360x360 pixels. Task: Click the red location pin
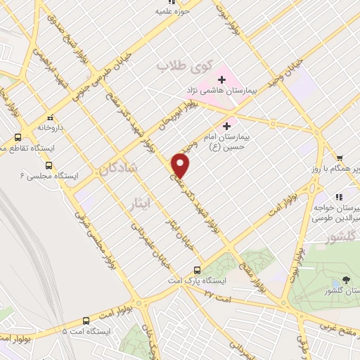pos(181,165)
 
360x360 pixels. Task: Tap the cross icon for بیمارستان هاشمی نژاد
pos(221,79)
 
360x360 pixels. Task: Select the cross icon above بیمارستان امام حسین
pos(226,126)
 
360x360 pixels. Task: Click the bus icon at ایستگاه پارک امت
pos(197,269)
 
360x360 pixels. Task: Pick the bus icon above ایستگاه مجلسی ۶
pos(18,137)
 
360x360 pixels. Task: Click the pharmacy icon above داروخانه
pos(49,117)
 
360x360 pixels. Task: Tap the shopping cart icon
pos(339,157)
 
